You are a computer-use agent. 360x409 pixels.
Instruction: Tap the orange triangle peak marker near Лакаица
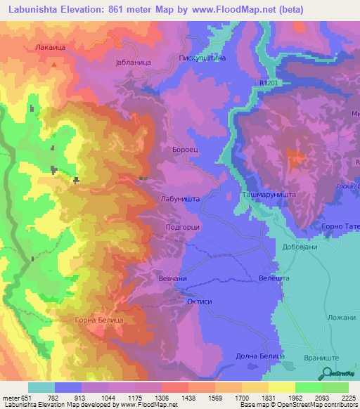point(53,63)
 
